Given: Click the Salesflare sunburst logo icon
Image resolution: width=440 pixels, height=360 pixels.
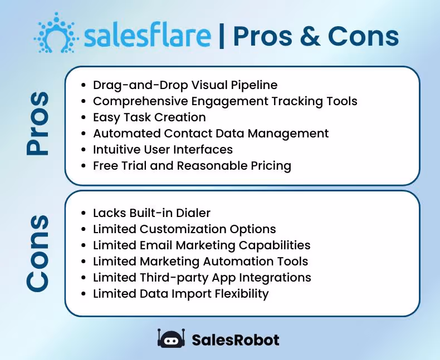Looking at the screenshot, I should (56, 34).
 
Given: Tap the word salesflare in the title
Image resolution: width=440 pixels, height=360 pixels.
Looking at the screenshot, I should (148, 36).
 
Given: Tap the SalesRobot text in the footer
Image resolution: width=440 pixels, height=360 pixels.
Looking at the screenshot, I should (235, 339).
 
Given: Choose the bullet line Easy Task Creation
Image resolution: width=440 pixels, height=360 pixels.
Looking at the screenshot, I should (149, 117).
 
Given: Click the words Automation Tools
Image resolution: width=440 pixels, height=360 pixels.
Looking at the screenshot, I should (266, 262).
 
